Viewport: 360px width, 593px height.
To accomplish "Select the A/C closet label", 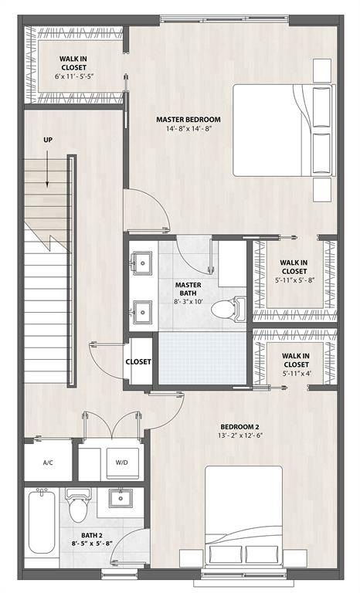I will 48,463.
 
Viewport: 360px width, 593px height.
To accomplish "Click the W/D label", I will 122,463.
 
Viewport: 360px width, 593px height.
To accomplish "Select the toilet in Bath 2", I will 76,506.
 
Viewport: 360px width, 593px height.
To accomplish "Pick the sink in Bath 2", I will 120,499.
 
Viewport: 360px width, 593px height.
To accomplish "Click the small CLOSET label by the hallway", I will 139,361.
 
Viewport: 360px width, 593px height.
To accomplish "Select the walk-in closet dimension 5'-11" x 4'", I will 296,374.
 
